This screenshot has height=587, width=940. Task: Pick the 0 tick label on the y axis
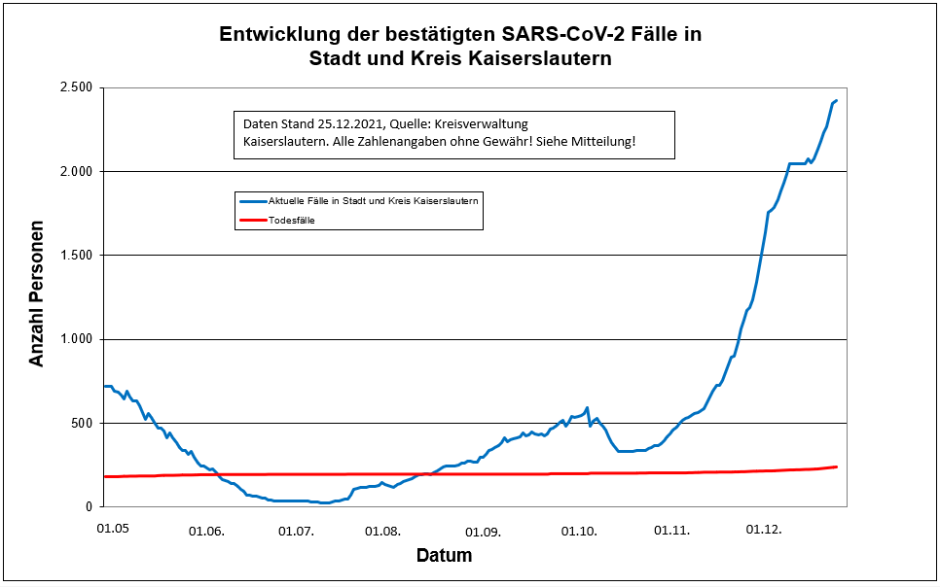[88, 506]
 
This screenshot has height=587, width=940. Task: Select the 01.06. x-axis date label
[205, 531]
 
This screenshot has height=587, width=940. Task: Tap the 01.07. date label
[296, 531]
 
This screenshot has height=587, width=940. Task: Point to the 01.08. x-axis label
[382, 531]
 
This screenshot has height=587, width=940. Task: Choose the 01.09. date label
[483, 531]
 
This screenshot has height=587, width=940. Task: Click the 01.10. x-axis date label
[580, 531]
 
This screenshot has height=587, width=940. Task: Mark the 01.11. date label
[671, 531]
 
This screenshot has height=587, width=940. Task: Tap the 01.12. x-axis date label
[764, 531]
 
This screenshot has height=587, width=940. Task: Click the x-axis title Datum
[444, 557]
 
